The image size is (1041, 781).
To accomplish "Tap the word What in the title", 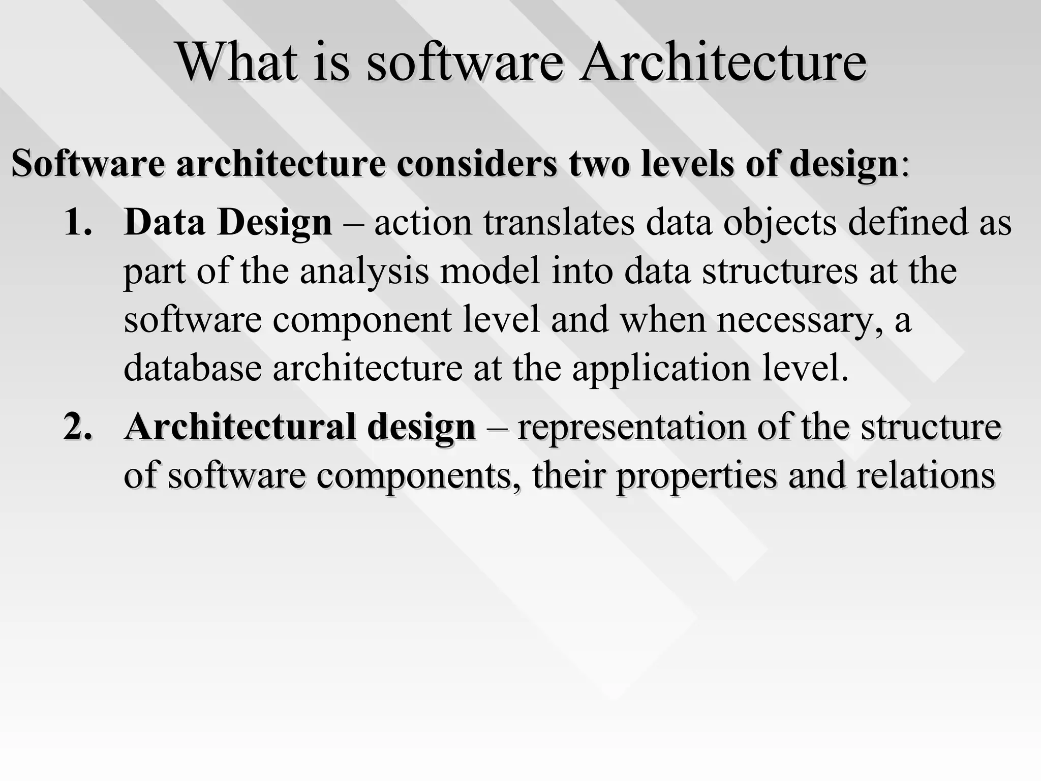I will click(x=237, y=62).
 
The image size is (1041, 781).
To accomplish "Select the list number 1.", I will click(x=78, y=222).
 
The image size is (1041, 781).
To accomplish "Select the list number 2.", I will click(x=78, y=426).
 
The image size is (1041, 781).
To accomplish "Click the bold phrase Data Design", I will click(x=228, y=222).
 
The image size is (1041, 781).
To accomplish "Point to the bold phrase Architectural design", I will click(x=300, y=426).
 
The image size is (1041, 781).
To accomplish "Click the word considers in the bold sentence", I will click(x=476, y=163).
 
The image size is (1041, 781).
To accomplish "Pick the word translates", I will click(x=559, y=222).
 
